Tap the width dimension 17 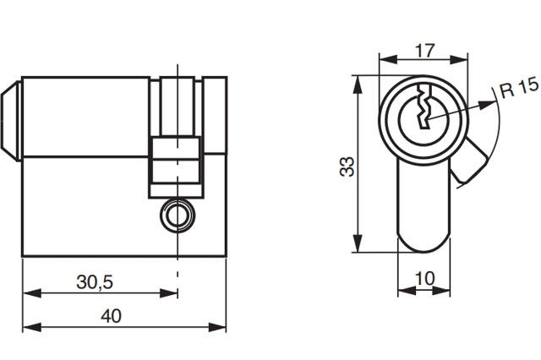click(424, 50)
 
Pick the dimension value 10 click(424, 277)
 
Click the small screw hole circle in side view click(177, 215)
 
